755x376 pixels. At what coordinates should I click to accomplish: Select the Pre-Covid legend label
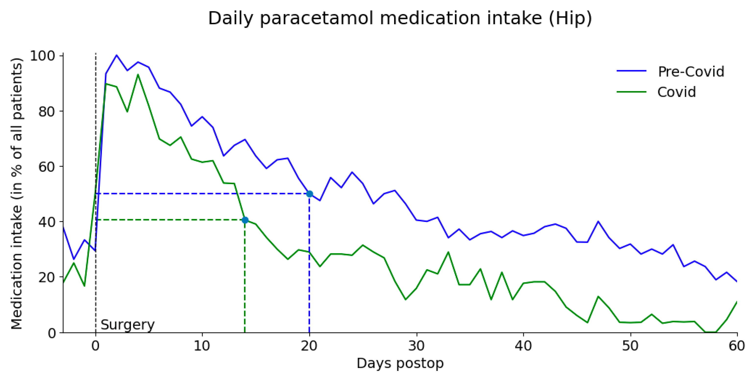[691, 72]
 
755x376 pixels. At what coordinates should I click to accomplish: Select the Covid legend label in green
[676, 92]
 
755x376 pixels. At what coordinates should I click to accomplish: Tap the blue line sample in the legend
[631, 71]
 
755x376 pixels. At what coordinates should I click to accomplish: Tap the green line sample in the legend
[631, 92]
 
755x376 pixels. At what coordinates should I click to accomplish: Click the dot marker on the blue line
[310, 194]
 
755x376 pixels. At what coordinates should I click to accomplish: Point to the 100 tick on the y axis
[43, 56]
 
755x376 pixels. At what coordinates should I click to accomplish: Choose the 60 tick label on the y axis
[47, 167]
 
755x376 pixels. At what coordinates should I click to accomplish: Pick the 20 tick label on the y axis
[47, 277]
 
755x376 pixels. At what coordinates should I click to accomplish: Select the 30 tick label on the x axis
[416, 346]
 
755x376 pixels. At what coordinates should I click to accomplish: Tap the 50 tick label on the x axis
[630, 346]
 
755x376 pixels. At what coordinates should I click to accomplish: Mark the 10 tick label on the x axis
[202, 346]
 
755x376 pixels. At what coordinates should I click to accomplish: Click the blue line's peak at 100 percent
[117, 55]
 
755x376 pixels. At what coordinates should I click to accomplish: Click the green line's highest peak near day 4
[138, 74]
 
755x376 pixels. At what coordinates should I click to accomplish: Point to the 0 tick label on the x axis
[96, 346]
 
